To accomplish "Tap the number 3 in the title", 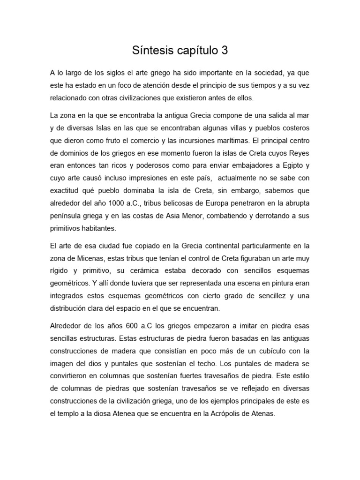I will point(225,51).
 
